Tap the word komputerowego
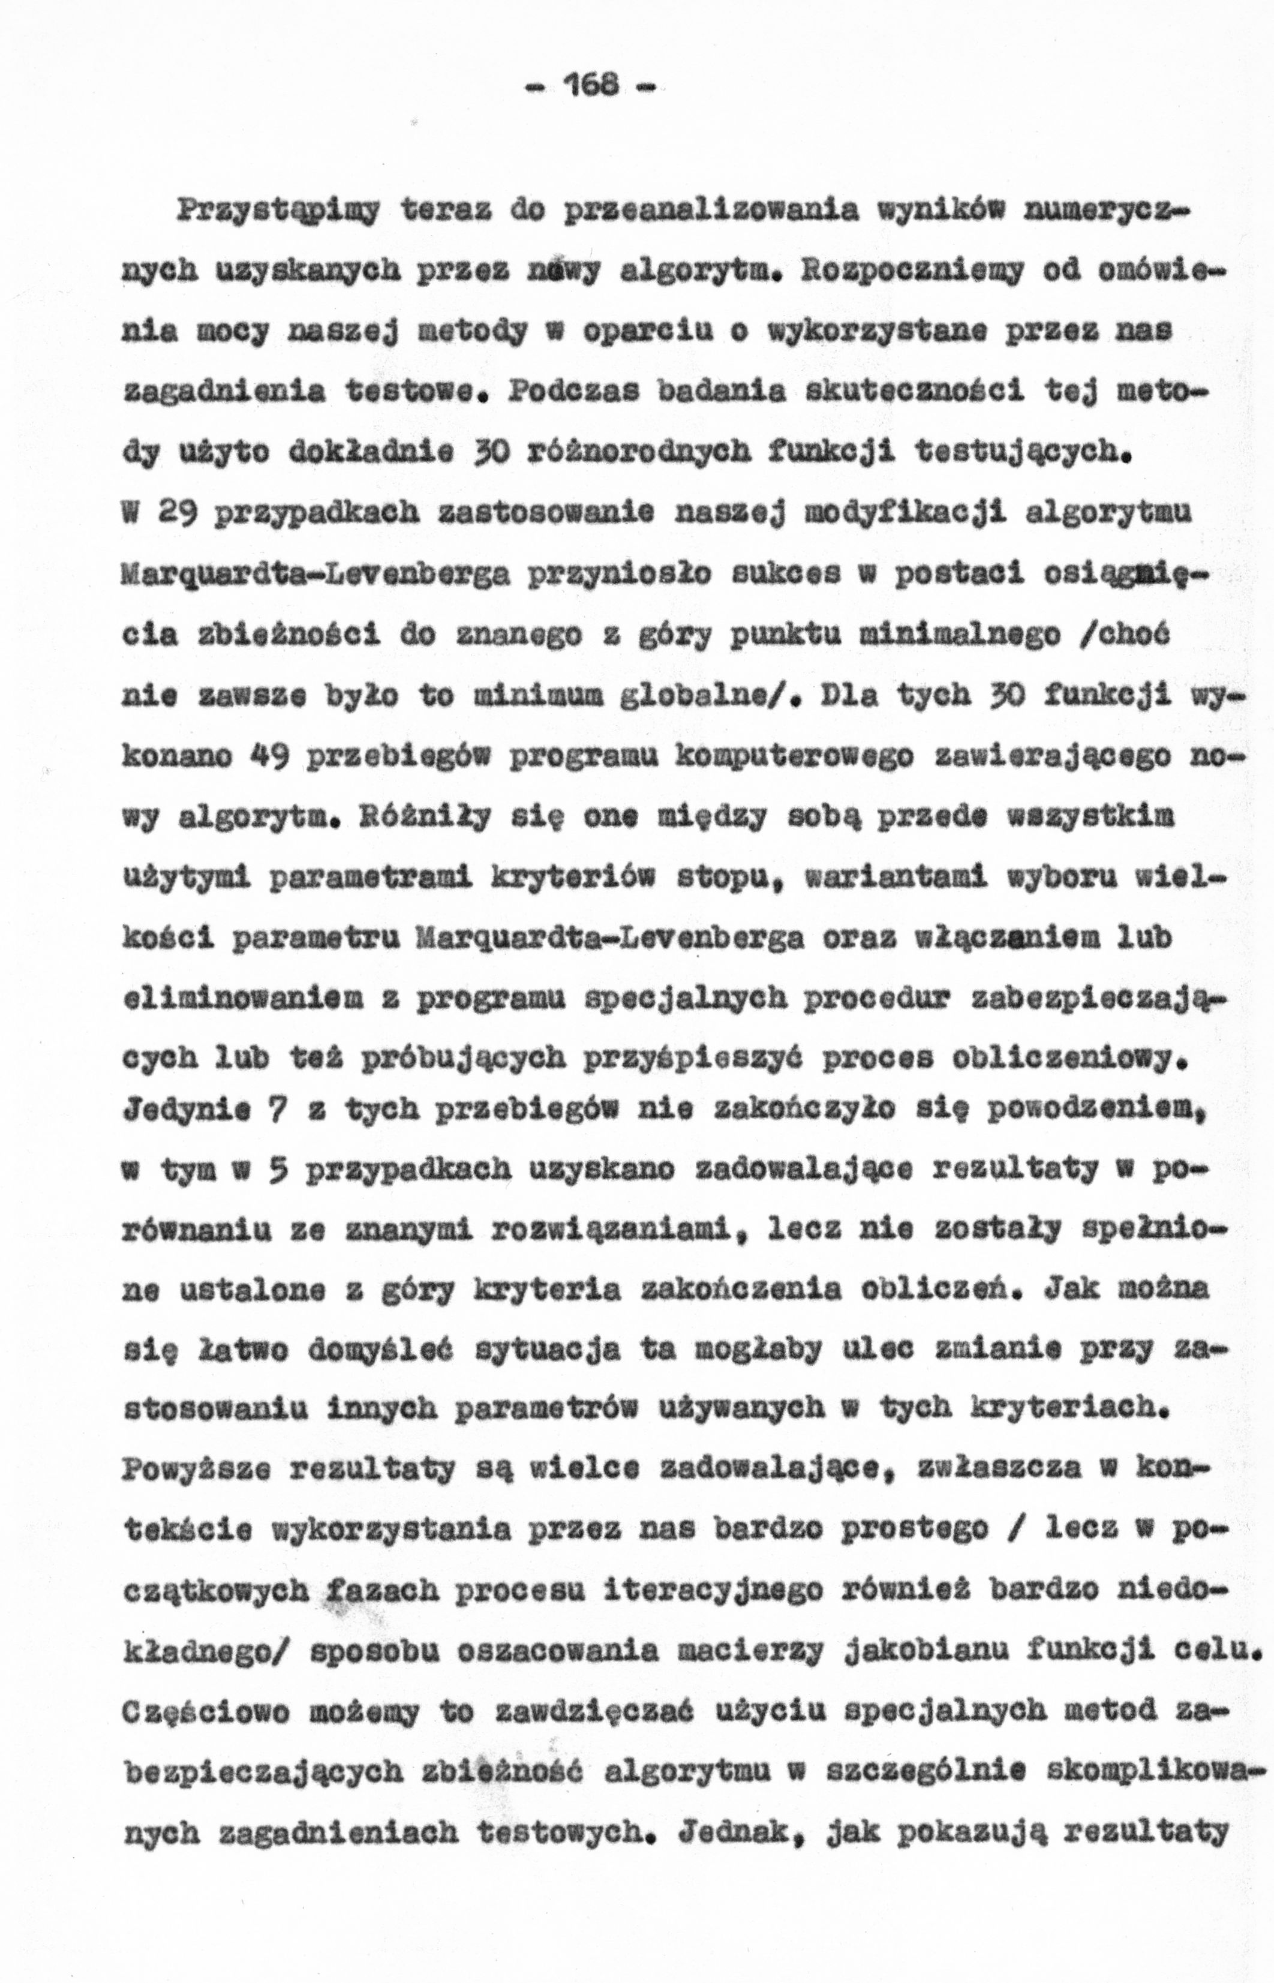pyautogui.click(x=737, y=757)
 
